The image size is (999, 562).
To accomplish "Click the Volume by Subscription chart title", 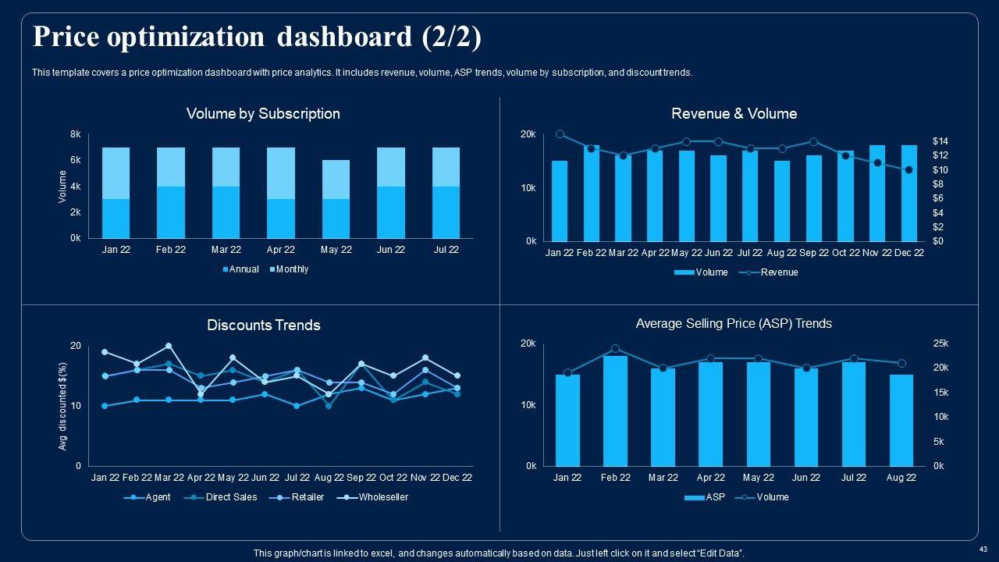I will [263, 114].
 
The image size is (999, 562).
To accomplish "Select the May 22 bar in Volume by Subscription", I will [336, 199].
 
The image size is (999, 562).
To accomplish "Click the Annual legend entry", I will [242, 269].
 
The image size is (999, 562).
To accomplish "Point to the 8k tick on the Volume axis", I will [76, 134].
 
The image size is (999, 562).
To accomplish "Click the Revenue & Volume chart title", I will [734, 114].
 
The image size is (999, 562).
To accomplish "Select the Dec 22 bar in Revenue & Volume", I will [909, 193].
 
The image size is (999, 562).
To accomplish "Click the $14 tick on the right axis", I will [940, 141].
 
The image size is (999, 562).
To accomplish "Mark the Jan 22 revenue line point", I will [560, 134].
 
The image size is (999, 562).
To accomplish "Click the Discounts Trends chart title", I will [263, 325].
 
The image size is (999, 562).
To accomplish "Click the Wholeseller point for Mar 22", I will [169, 346].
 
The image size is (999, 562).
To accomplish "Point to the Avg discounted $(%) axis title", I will [63, 406].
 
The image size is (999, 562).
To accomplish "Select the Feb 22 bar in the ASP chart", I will [615, 411].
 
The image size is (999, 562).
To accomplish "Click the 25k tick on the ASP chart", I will [940, 343].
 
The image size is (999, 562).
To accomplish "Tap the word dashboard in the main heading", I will [341, 37].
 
